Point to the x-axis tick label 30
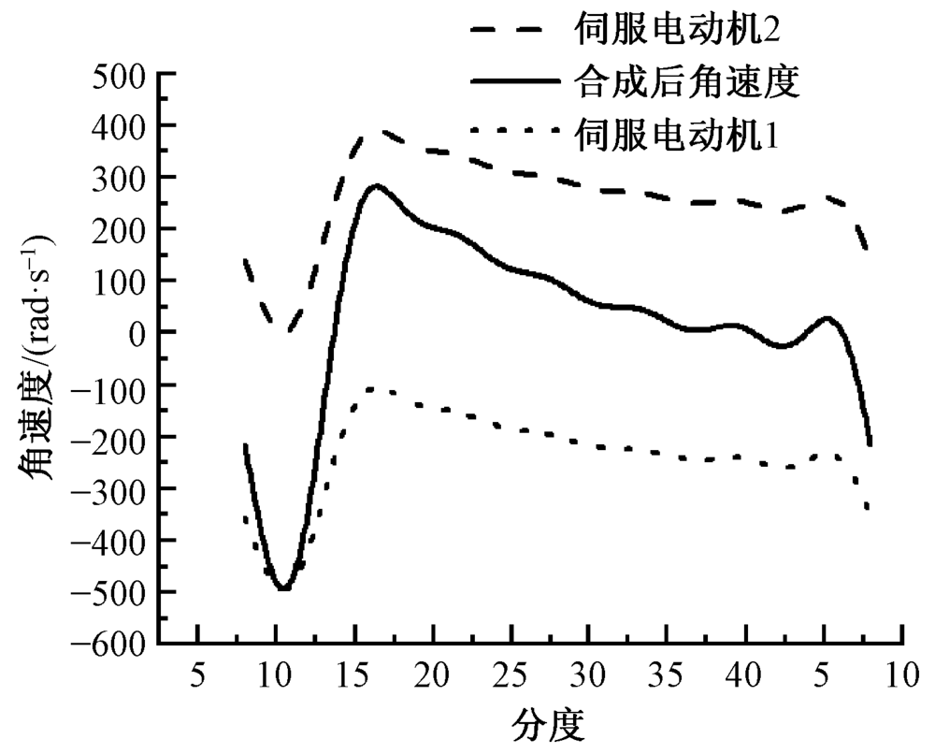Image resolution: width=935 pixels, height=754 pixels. click(589, 674)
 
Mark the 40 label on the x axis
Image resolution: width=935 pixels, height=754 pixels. click(745, 674)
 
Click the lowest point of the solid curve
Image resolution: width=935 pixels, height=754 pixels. click(283, 588)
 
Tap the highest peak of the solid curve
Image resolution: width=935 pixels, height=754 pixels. click(376, 185)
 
